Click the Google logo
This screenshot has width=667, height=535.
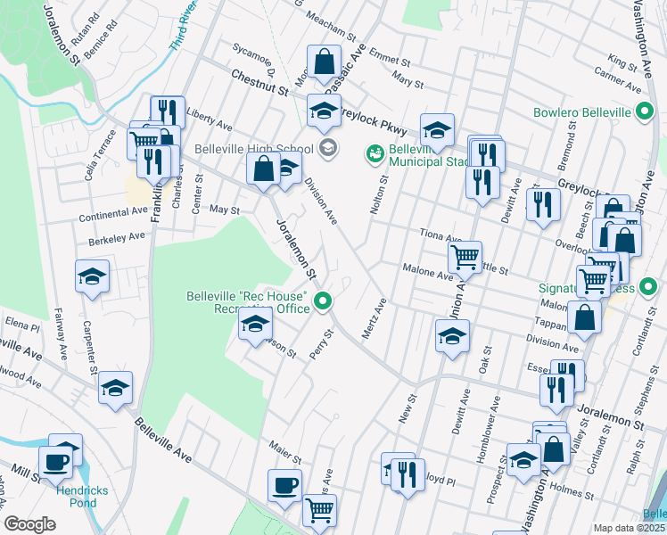click(29, 524)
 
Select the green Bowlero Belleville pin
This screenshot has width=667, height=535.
click(646, 112)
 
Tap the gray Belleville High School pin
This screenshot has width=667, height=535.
click(327, 148)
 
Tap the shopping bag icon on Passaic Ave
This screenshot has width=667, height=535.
click(324, 62)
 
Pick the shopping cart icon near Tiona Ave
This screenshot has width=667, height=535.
click(465, 258)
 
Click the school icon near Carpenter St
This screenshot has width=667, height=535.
click(92, 277)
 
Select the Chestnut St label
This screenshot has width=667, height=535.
click(259, 85)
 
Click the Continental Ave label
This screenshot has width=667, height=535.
click(112, 213)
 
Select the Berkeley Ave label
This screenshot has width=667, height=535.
click(117, 237)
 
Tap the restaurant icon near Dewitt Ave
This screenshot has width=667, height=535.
click(542, 204)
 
